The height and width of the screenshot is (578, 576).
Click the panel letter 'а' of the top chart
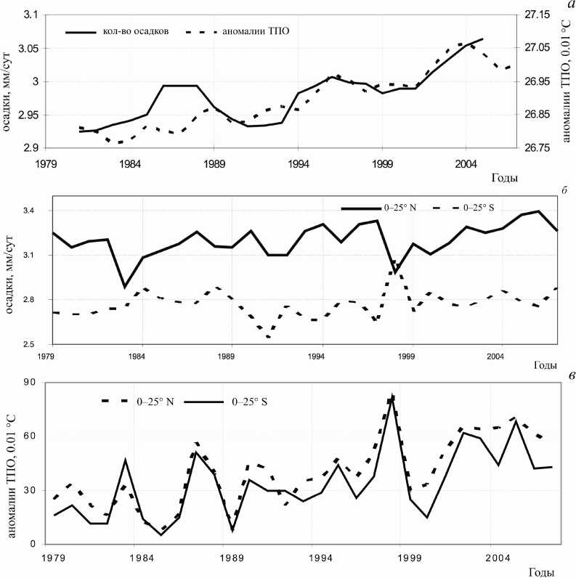568,5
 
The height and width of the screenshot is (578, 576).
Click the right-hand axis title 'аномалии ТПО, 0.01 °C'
567,81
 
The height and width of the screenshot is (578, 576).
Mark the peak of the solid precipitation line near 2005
482,38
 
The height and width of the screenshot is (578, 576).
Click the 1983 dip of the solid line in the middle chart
125,288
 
